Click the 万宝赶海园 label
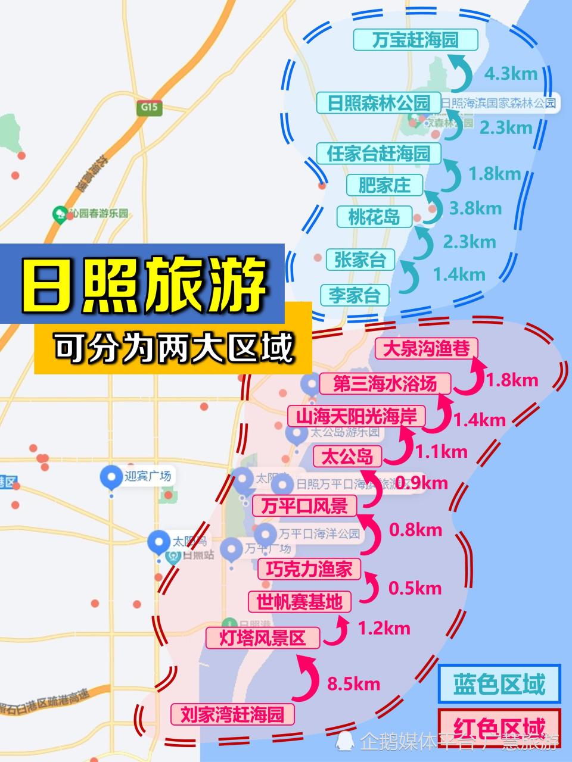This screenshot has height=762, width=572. point(415,40)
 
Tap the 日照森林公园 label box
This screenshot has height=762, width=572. point(378,103)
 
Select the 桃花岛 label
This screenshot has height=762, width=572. point(374,216)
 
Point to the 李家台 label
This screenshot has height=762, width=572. point(355,295)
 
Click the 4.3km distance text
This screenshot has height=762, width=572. point(511,74)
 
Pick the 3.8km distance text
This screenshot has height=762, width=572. point(475,208)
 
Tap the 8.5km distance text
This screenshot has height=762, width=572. point(353,683)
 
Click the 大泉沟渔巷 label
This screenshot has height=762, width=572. point(427,349)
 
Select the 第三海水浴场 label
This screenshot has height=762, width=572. point(385,384)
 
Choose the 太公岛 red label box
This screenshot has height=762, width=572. point(347,457)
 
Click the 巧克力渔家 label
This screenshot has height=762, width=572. point(309,569)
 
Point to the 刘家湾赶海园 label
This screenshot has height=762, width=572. point(232,714)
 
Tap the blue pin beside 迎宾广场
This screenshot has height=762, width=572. point(111,477)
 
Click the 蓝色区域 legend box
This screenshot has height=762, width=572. point(499,684)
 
